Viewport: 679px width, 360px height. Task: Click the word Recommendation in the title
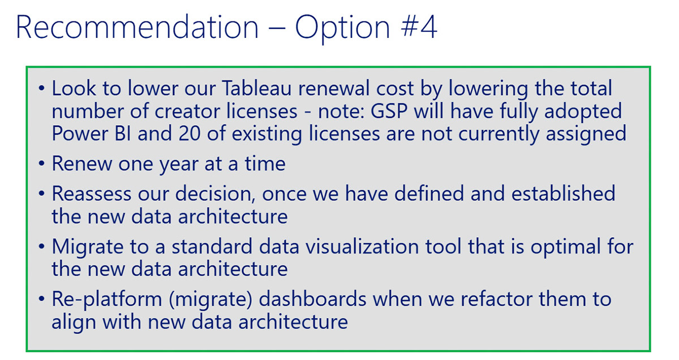137,27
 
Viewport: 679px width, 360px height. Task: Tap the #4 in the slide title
419,27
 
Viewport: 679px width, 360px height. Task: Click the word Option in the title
342,29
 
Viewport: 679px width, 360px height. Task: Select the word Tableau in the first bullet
256,88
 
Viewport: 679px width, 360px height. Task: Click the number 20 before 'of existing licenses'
190,134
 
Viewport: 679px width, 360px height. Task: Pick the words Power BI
91,134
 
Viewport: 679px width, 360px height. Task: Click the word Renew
82,164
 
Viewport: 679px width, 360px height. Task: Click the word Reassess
92,194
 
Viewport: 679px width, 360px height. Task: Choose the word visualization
362,246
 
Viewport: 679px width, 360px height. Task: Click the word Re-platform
107,300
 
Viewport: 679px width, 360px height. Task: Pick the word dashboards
312,299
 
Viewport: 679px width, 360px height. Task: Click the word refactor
496,299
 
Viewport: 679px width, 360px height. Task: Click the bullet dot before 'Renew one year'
41,164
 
